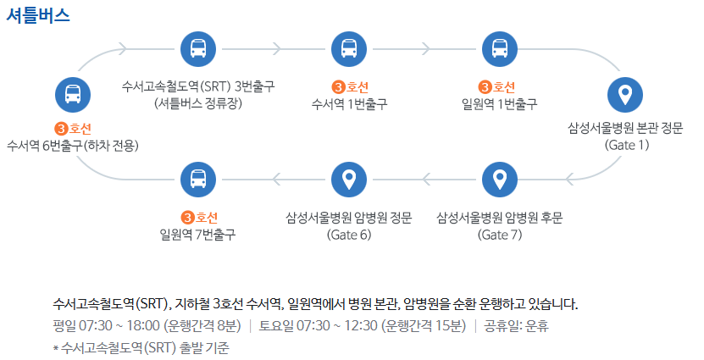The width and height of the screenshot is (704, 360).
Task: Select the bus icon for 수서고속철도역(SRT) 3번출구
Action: (x=198, y=48)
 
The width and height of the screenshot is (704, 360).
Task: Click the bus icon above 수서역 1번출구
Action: (x=349, y=48)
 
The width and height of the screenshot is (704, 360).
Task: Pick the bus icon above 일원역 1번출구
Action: (x=499, y=48)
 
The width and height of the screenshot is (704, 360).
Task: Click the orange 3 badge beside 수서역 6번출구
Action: (x=60, y=129)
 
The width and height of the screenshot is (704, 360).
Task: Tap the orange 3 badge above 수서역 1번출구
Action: (x=338, y=86)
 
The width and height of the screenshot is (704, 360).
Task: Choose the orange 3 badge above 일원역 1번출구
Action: (x=485, y=86)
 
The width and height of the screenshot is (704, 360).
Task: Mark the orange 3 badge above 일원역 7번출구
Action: (x=187, y=218)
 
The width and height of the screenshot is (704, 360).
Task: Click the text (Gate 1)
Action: (x=626, y=145)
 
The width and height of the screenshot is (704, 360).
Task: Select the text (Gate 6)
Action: (x=349, y=234)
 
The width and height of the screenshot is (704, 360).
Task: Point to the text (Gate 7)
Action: (x=500, y=234)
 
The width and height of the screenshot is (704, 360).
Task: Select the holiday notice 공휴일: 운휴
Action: (x=517, y=326)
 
